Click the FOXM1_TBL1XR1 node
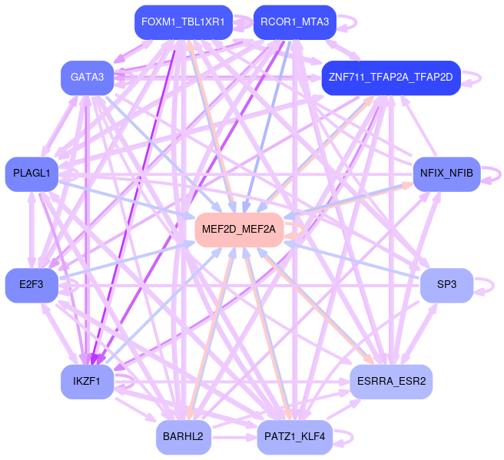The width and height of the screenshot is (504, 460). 183,22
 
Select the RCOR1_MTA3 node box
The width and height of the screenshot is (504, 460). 294,22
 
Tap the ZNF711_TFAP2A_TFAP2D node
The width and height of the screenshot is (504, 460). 390,78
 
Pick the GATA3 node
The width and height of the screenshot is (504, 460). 87,77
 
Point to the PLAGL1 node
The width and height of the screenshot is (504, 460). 31,174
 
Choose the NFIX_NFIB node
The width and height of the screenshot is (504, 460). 447,174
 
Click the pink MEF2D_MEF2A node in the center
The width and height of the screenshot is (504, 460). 240,229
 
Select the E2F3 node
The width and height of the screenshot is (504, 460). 31,285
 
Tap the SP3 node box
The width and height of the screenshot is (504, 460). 446,285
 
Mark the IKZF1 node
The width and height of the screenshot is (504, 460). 87,381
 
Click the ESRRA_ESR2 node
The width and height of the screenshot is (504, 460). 391,381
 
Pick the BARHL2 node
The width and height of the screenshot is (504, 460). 183,437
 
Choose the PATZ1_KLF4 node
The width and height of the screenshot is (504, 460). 294,437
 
